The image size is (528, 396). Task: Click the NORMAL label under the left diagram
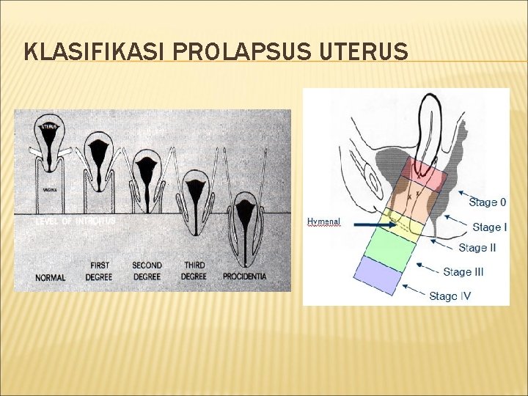coord(50,278)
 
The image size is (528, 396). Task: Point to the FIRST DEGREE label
coord(100,271)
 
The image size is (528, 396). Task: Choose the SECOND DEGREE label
coord(147,271)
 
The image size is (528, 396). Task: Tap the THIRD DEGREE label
coord(194,271)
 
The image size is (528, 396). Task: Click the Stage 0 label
coord(487,202)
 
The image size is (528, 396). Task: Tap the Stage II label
coord(477,248)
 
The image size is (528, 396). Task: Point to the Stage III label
coord(463,272)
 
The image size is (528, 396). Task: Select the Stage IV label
coord(450,296)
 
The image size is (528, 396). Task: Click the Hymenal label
coord(323,221)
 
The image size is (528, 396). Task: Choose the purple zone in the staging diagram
coord(378,274)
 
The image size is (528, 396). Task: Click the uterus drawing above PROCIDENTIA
coord(245,220)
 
